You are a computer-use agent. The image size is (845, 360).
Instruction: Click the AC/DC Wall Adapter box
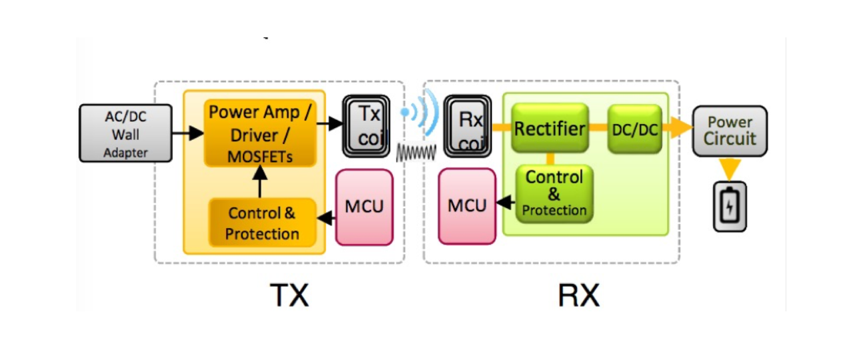pyautogui.click(x=125, y=133)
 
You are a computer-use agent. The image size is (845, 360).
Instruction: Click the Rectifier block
pyautogui.click(x=550, y=128)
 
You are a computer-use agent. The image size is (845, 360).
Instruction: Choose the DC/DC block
pyautogui.click(x=634, y=129)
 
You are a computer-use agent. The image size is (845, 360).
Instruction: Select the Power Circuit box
pyautogui.click(x=730, y=131)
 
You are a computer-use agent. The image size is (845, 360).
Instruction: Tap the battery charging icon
pyautogui.click(x=730, y=207)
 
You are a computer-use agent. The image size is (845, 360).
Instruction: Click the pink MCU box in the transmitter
pyautogui.click(x=364, y=206)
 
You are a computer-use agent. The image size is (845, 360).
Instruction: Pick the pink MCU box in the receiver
pyautogui.click(x=467, y=206)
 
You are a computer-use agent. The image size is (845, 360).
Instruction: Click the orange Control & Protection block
pyautogui.click(x=262, y=223)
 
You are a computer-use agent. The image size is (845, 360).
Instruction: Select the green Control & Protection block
pyautogui.click(x=554, y=194)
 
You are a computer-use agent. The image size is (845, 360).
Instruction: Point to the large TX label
pyautogui.click(x=289, y=295)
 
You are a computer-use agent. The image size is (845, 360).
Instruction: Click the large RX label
pyautogui.click(x=578, y=295)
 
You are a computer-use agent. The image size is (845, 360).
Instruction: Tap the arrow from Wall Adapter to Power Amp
pyautogui.click(x=188, y=134)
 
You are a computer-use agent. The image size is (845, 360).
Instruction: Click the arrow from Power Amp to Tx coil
pyautogui.click(x=329, y=123)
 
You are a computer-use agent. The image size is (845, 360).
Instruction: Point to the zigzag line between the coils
pyautogui.click(x=415, y=153)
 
